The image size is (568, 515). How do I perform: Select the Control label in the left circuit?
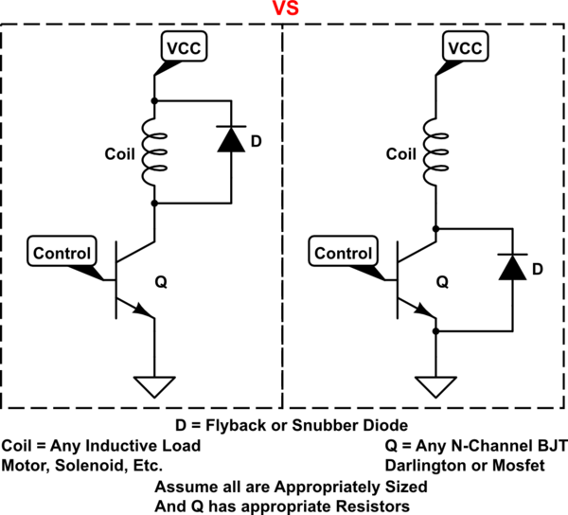[63, 253]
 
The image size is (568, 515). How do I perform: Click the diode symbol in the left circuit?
[230, 141]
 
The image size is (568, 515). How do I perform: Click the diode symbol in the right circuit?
[513, 269]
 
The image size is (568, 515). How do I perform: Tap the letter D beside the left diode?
[254, 142]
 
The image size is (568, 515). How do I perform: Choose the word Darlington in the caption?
[422, 465]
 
